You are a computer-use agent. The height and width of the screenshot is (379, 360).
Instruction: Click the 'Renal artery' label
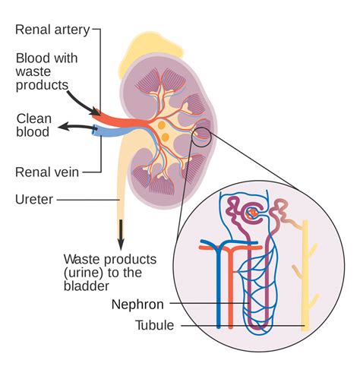[52, 30]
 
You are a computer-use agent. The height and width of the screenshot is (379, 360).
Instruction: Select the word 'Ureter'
[33, 200]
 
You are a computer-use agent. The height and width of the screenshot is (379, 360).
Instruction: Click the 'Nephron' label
[137, 305]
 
